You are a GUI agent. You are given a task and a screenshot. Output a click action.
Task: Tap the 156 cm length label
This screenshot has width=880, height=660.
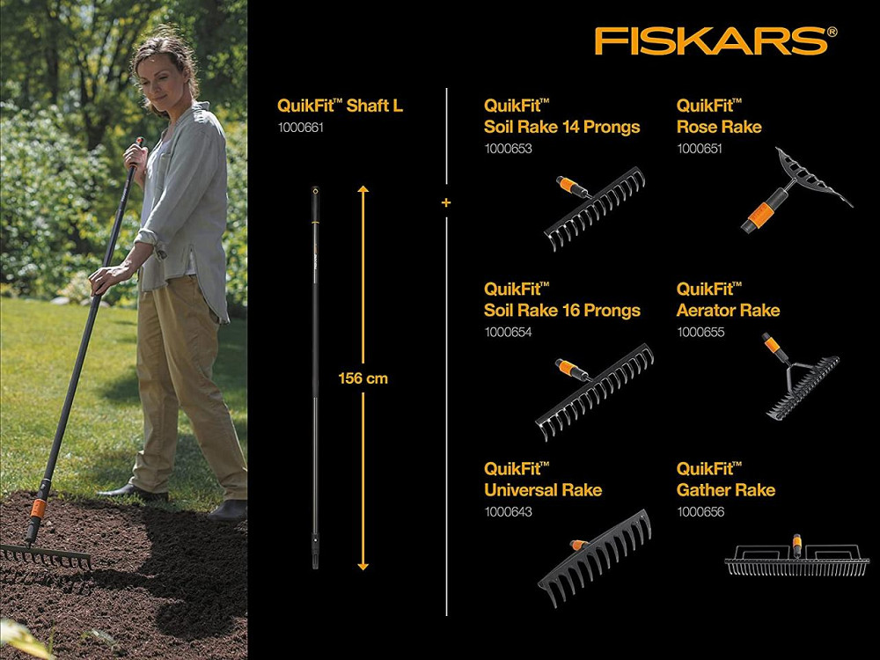(363, 378)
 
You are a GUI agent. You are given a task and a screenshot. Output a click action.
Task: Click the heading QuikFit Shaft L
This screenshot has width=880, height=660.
(340, 106)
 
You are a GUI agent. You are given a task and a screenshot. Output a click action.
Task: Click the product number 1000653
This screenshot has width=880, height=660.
(508, 149)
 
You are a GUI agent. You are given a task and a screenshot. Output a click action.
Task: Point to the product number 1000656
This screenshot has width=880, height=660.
(700, 511)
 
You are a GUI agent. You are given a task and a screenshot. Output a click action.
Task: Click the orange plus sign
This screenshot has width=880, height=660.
(446, 203)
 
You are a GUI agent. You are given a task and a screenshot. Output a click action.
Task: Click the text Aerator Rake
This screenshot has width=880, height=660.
(728, 310)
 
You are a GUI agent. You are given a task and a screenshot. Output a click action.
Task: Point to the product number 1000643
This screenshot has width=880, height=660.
(508, 511)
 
